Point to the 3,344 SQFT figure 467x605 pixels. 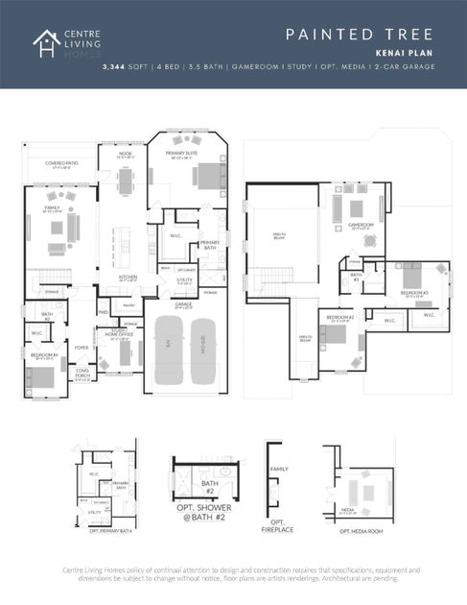tap(126, 67)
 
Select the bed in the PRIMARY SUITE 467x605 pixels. tap(206, 175)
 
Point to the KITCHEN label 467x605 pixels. tap(127, 276)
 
